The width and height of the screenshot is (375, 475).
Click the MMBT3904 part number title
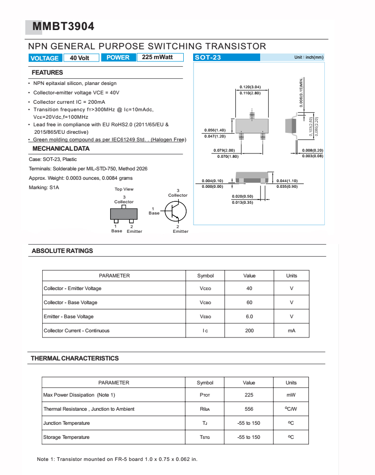pos(63,27)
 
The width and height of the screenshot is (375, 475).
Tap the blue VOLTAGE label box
pos(45,58)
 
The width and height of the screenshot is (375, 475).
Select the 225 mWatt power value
pos(157,57)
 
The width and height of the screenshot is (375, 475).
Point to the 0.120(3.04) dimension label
pos(250,87)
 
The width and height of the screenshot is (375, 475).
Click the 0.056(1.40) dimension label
pos(215,130)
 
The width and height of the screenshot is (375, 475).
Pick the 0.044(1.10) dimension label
pos(287,181)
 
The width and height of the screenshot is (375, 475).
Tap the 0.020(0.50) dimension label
pos(242,196)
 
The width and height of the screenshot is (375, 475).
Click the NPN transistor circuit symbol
pos(174,211)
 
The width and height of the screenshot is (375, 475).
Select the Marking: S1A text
pos(44,187)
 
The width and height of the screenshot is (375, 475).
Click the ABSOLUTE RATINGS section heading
pos(62,251)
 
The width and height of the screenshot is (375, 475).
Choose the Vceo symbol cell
pos(205,288)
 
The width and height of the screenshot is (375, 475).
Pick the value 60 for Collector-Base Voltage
pos(249,302)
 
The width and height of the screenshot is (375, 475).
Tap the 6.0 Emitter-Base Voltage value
pos(249,316)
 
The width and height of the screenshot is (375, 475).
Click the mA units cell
pos(292,330)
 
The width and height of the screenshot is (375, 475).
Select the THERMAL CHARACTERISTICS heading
pos(75,358)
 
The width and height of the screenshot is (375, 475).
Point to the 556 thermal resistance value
pos(249,409)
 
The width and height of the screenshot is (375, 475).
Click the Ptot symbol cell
pos(205,395)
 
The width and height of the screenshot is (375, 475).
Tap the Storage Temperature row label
pos(66,437)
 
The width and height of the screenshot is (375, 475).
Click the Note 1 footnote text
pos(117,459)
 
